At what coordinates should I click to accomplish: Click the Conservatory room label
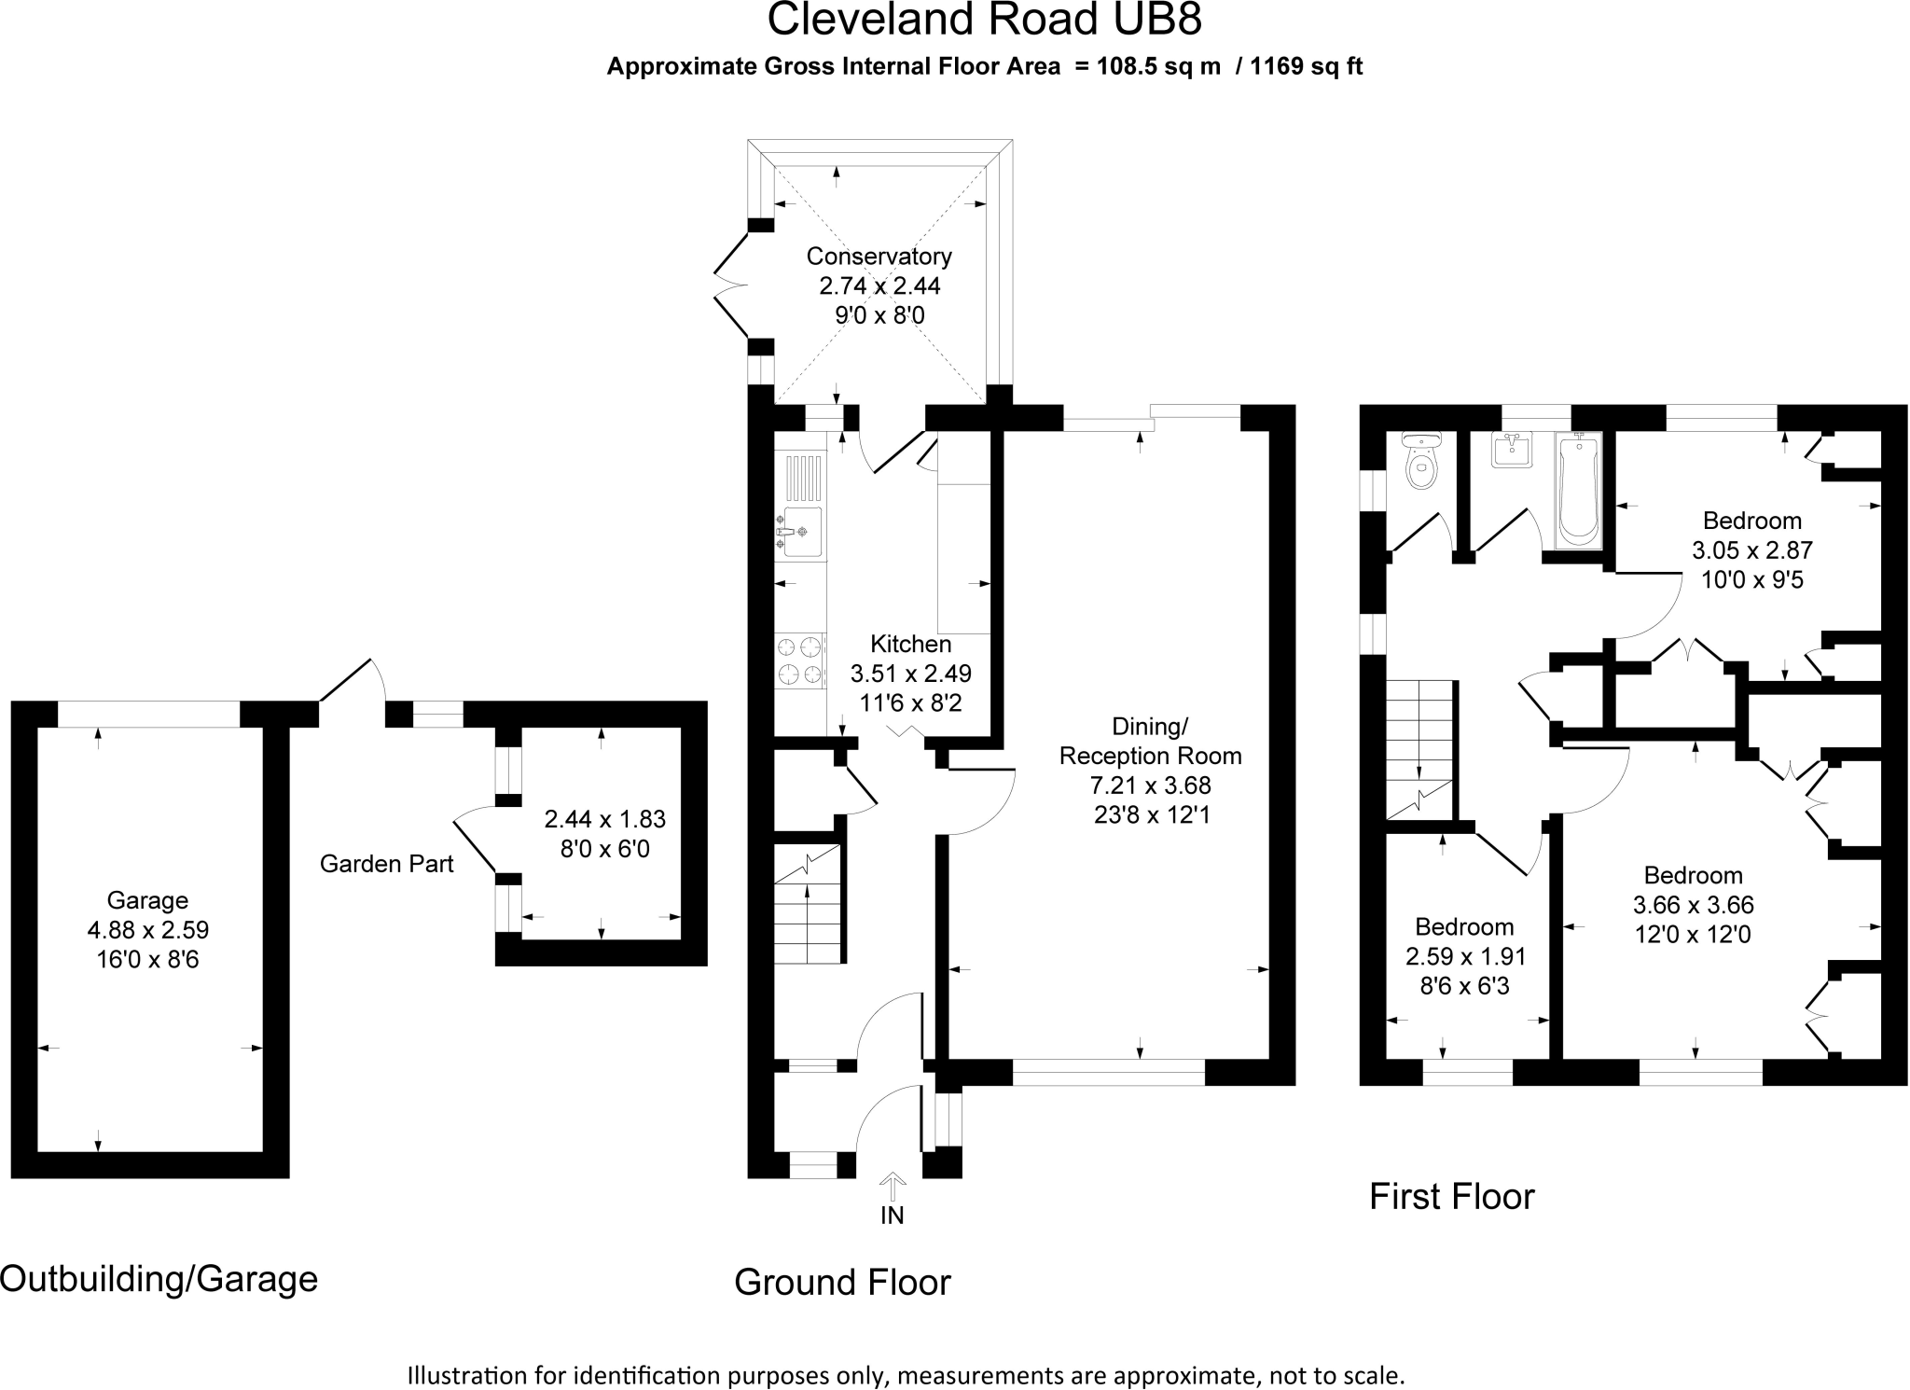(x=879, y=256)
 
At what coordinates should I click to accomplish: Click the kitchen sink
(x=800, y=532)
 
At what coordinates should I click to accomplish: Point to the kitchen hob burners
(x=800, y=660)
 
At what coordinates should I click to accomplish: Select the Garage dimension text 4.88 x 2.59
(x=148, y=929)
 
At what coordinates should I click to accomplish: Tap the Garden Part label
(x=386, y=864)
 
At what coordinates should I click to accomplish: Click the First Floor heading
(x=1451, y=1196)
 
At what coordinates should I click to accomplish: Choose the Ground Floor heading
(x=842, y=1282)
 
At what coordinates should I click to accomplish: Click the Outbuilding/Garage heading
(x=159, y=1278)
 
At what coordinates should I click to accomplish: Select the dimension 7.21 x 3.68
(x=1151, y=785)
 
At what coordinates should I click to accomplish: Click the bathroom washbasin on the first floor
(x=1512, y=450)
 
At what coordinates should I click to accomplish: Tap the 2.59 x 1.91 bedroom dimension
(x=1465, y=956)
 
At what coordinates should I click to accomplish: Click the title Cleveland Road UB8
(x=984, y=21)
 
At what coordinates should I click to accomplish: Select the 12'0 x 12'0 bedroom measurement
(x=1693, y=934)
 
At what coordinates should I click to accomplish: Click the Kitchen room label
(x=910, y=644)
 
